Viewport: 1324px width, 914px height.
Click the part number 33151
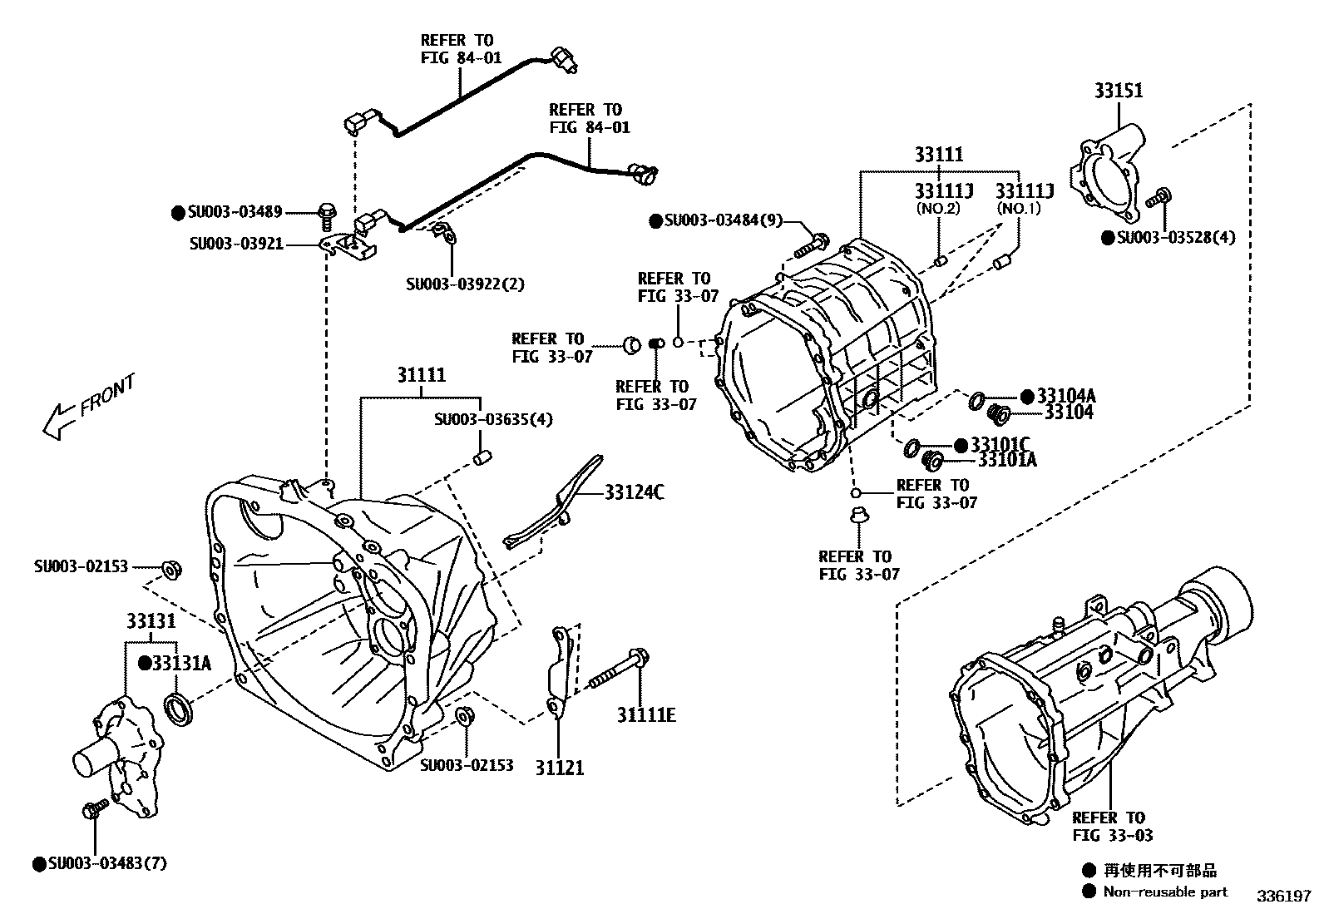[x=1119, y=91]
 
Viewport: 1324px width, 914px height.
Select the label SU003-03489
[x=235, y=211]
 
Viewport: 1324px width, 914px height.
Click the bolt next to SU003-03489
[x=327, y=215]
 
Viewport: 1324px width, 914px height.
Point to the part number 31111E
[x=646, y=714]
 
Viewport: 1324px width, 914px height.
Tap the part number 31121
[x=559, y=768]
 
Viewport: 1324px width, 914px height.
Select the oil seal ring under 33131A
[x=178, y=711]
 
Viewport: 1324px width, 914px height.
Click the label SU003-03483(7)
[x=107, y=864]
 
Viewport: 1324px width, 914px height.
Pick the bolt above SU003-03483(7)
[x=95, y=808]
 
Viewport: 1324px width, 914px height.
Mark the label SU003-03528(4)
[x=1176, y=237]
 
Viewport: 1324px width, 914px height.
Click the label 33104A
[x=1065, y=396]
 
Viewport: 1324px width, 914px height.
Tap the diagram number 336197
[x=1283, y=897]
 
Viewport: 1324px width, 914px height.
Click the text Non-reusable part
[x=1165, y=892]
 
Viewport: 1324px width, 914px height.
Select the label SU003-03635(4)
[x=493, y=419]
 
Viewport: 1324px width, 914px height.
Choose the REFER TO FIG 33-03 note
[x=1112, y=826]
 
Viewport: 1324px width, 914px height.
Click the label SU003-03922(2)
[x=465, y=284]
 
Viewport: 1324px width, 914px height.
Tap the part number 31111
[x=421, y=375]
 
